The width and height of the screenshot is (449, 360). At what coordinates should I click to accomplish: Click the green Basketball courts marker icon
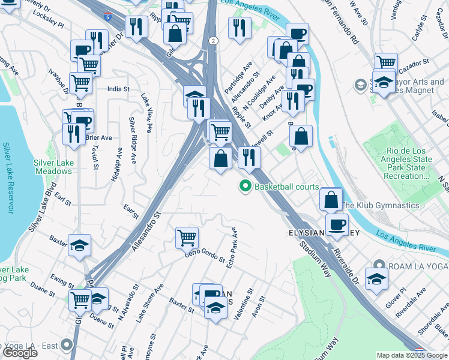(x=245, y=187)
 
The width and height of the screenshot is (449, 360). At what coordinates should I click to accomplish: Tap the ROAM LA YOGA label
(x=414, y=265)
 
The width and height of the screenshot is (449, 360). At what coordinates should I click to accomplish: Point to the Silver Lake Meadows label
(x=53, y=167)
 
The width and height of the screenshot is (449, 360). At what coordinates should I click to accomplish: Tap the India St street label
(x=118, y=89)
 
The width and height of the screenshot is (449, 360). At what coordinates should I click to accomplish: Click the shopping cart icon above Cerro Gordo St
(x=187, y=238)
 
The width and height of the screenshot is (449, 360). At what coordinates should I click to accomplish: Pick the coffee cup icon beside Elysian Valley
(x=337, y=224)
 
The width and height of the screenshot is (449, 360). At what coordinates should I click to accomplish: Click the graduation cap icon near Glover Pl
(x=376, y=279)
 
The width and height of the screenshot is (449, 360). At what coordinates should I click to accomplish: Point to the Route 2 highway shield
(x=213, y=40)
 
